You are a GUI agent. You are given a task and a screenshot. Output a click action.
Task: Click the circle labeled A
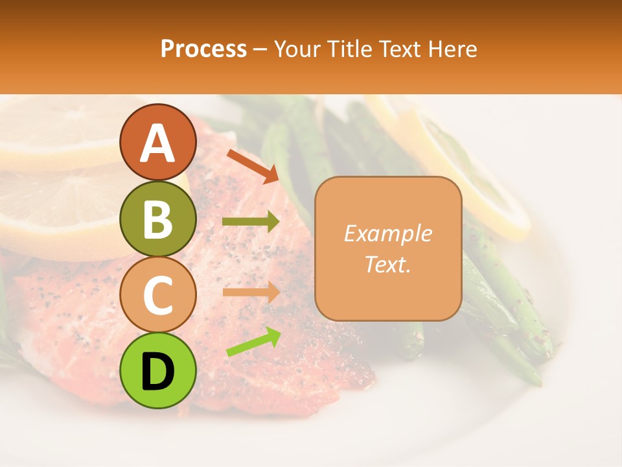tap(157, 142)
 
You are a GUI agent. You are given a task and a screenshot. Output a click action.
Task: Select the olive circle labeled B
tap(157, 219)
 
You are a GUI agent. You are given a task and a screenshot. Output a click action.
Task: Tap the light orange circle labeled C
tap(157, 294)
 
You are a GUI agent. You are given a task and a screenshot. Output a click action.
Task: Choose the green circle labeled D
tap(157, 370)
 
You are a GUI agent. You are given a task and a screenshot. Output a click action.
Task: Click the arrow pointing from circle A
tap(253, 165)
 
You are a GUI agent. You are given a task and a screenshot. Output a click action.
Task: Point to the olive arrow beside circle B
tap(251, 222)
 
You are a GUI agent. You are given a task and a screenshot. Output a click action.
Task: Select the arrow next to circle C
tap(251, 292)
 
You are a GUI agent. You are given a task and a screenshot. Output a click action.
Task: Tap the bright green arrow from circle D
tap(253, 342)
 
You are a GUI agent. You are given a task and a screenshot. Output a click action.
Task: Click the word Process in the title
tap(203, 49)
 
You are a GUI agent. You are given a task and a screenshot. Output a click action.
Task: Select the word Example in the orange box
tap(387, 233)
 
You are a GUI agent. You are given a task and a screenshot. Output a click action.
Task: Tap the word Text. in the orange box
tap(387, 264)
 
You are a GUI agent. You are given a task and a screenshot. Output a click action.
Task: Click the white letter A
tap(157, 143)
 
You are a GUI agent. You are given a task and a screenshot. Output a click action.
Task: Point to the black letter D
tap(157, 372)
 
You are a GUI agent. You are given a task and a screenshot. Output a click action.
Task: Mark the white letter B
tap(157, 219)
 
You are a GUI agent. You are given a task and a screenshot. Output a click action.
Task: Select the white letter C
tap(157, 295)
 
